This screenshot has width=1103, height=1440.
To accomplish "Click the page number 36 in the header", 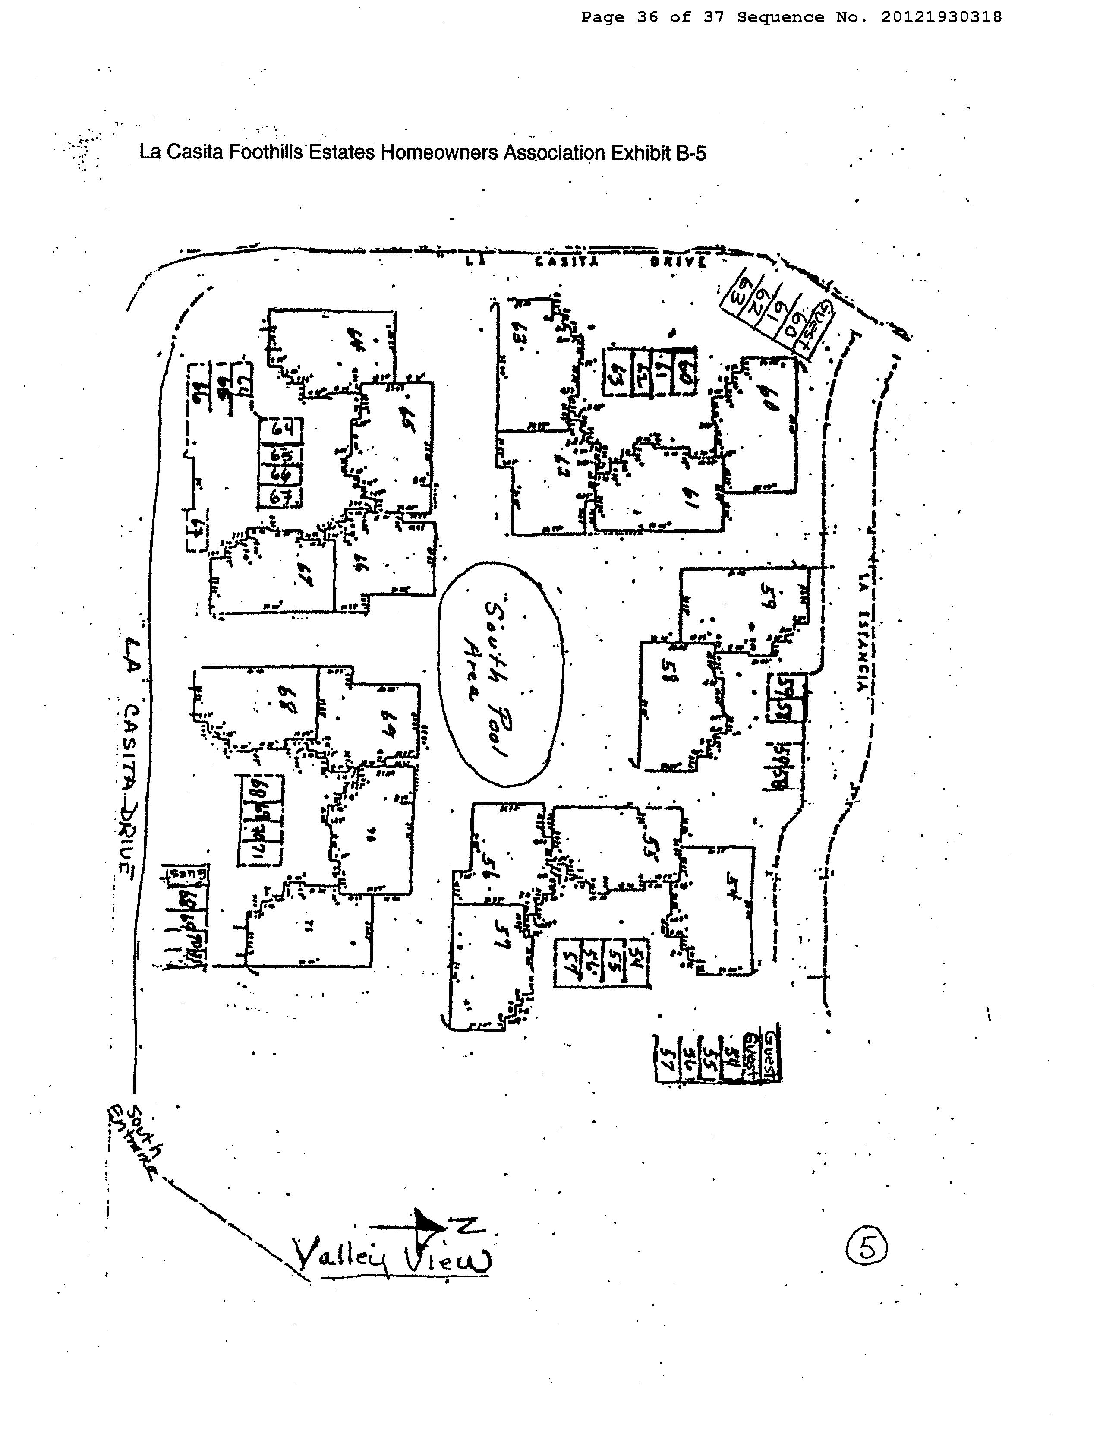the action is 647,17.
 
